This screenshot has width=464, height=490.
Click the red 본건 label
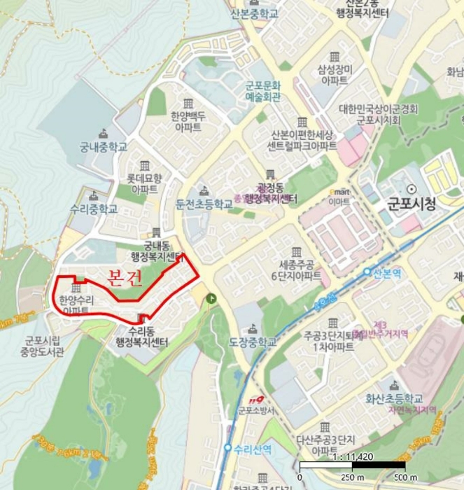126,278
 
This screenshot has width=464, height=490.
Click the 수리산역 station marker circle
227,448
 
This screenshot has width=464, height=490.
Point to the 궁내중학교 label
103,148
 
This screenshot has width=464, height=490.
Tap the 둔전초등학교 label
204,204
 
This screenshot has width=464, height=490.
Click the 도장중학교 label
253,342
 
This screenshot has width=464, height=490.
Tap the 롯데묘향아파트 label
144,183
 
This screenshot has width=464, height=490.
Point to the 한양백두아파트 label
188,122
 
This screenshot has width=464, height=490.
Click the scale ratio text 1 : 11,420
351,454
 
